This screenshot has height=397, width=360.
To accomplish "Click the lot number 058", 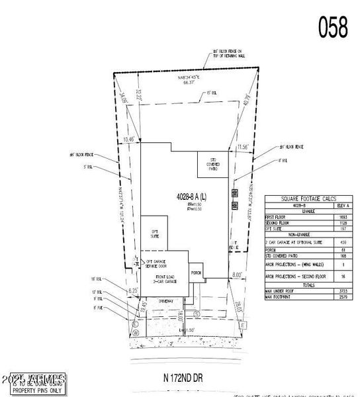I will (334, 27).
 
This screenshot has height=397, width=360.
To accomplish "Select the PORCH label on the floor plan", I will (195, 271).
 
